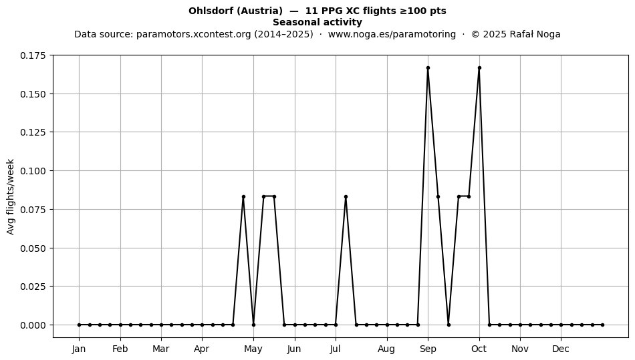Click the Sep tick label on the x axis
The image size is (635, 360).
pos(428,349)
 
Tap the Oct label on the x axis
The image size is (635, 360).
pos(479,349)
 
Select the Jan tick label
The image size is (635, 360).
pos(79,349)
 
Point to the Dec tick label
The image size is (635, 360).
pos(561,349)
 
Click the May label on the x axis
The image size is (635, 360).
pos(253,349)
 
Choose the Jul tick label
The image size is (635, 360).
pos(336,349)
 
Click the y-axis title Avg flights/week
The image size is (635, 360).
pos(11,196)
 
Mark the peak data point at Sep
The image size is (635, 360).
pos(428,68)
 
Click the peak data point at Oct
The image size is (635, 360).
pos(479,68)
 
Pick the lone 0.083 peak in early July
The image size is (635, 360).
pos(346,196)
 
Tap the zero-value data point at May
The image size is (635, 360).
pos(253,325)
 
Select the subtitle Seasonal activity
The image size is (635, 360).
pos(317,22)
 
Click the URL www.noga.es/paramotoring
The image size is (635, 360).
pos(392,34)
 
